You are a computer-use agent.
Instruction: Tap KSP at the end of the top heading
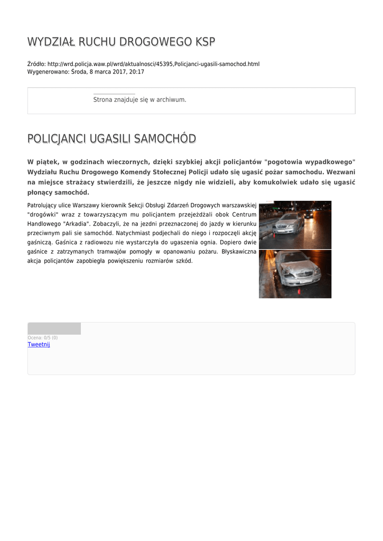[205, 42]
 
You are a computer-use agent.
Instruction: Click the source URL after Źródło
[153, 64]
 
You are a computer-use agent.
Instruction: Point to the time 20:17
[137, 71]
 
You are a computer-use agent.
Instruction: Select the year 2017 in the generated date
[118, 71]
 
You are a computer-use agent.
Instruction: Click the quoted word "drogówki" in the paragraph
[44, 214]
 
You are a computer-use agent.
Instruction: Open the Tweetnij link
[39, 344]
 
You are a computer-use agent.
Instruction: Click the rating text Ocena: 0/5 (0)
[42, 338]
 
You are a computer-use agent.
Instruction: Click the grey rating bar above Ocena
[54, 329]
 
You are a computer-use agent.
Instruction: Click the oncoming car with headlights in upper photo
[309, 213]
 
